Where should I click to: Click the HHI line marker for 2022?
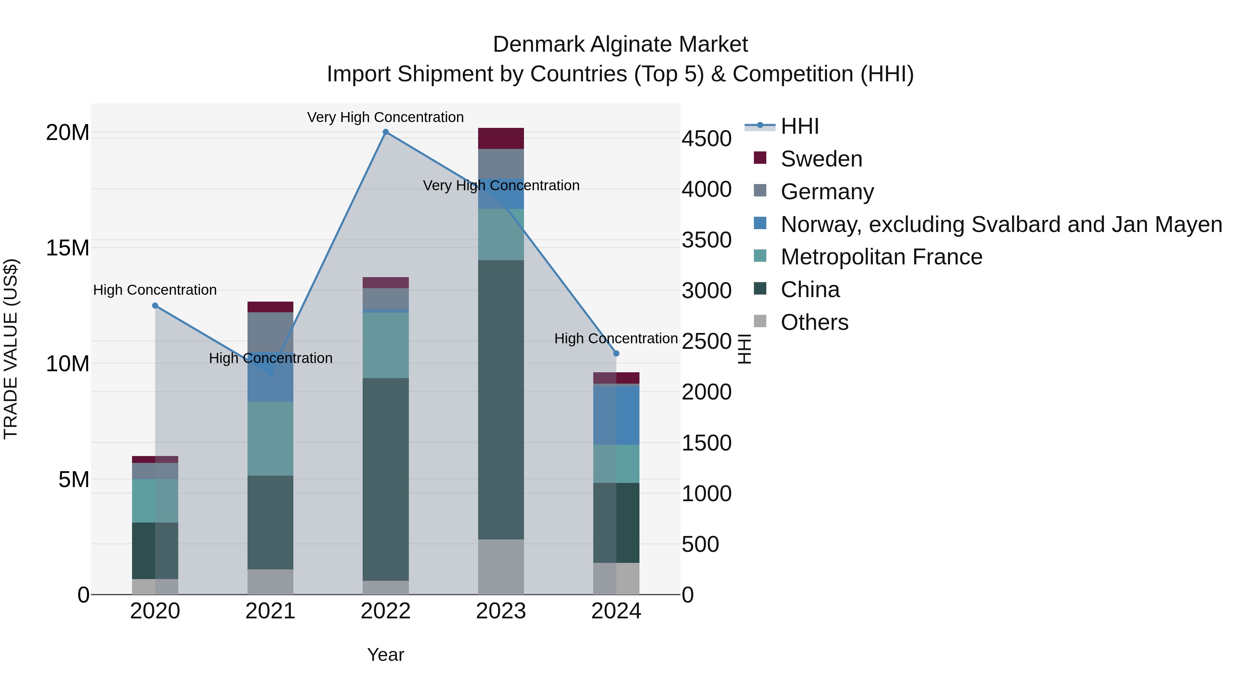coord(385,132)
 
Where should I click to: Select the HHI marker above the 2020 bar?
coord(155,305)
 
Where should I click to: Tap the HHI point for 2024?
coord(616,354)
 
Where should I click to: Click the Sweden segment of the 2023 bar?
coord(501,138)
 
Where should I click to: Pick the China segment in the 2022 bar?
coord(385,479)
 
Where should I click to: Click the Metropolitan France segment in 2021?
coord(270,439)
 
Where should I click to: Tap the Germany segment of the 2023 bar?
coord(501,164)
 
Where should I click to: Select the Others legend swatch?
coord(760,321)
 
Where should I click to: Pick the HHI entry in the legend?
coord(800,126)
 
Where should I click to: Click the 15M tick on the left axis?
coord(68,248)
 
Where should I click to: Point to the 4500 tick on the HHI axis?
coord(706,139)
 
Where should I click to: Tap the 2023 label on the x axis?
coord(501,611)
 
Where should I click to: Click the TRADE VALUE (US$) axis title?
coord(11,349)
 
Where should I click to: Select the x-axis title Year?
coord(385,655)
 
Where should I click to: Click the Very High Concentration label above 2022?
coord(385,117)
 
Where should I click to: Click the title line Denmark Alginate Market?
coord(620,44)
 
